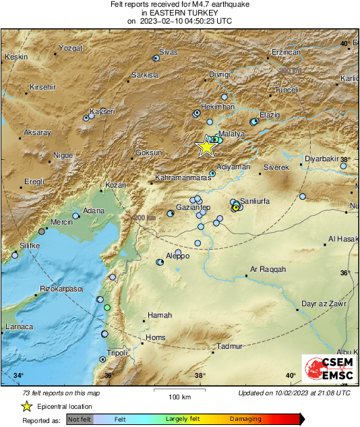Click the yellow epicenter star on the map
[x=205, y=146]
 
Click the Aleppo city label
[x=177, y=256]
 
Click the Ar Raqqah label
[x=268, y=269]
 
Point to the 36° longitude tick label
[x=108, y=376]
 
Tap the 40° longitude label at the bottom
[x=291, y=376]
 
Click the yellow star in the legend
[x=26, y=406]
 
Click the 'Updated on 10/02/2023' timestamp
[x=294, y=393]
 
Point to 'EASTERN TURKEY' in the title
[x=179, y=12]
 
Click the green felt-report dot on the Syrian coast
[x=107, y=308]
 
